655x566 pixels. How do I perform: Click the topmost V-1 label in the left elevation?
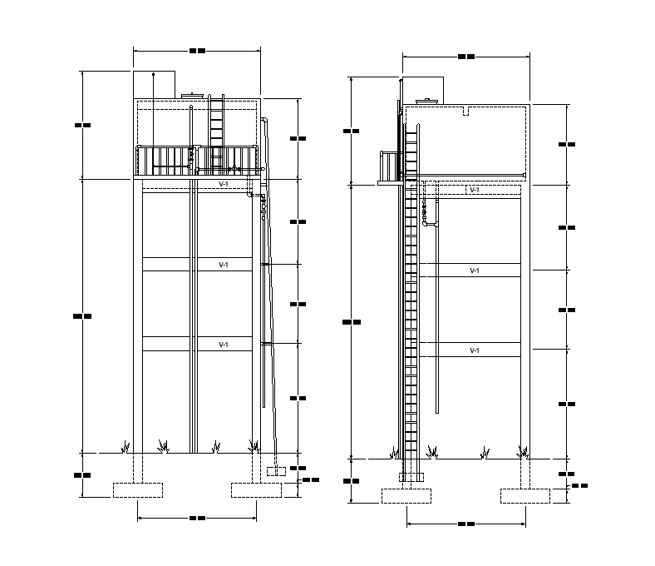coord(224,184)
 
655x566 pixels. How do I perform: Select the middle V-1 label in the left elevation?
coord(224,265)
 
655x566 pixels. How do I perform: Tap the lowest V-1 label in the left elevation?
coord(224,344)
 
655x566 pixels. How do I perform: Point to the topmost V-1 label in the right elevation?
coord(475,190)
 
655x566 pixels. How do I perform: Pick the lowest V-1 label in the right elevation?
coord(475,350)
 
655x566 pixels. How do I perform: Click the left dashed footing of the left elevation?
coord(138,489)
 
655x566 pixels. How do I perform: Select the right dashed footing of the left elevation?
coord(257,489)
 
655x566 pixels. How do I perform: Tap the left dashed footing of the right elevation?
coord(407,496)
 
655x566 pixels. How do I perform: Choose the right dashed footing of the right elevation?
coord(525,496)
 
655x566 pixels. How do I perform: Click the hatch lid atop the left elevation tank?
coord(194,96)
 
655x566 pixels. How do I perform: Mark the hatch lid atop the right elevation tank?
coord(429,102)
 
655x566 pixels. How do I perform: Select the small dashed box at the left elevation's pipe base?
coord(276,472)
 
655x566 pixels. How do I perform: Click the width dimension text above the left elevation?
coord(197,51)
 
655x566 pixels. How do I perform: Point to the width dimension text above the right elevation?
coord(466,57)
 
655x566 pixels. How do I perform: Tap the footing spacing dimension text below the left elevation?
coord(197,518)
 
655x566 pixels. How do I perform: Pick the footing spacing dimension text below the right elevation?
coord(466,524)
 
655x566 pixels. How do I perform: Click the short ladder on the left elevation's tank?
coord(216,121)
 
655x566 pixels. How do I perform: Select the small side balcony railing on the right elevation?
coord(390,166)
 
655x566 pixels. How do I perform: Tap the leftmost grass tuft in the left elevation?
coord(126,447)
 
